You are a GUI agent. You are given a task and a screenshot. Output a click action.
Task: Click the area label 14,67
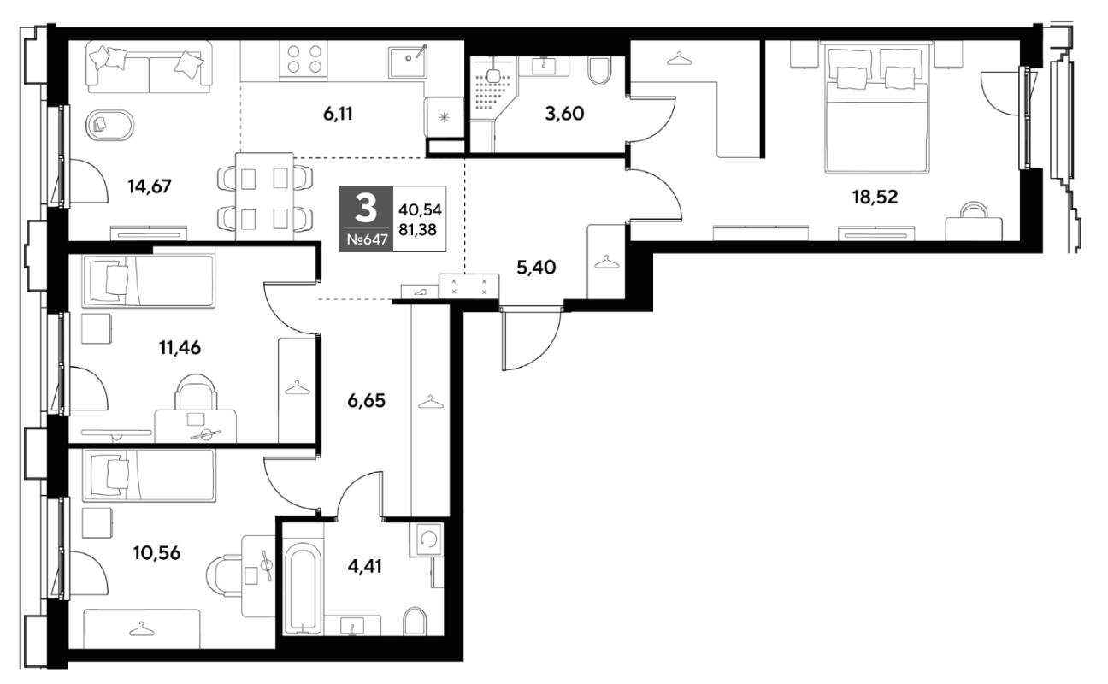pyautogui.click(x=150, y=186)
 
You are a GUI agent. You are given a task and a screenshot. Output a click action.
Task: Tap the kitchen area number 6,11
pyautogui.click(x=338, y=115)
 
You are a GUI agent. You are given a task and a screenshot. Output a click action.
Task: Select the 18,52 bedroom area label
pyautogui.click(x=875, y=198)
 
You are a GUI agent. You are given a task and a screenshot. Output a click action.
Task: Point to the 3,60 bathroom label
pyautogui.click(x=564, y=115)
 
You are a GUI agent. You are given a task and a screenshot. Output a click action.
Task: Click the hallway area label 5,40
pyautogui.click(x=536, y=268)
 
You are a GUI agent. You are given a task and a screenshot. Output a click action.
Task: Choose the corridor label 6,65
pyautogui.click(x=366, y=401)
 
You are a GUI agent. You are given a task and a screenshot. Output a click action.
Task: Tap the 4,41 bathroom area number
pyautogui.click(x=364, y=566)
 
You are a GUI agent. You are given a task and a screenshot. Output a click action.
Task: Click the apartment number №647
pyautogui.click(x=367, y=240)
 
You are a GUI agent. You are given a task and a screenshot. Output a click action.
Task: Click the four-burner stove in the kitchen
pyautogui.click(x=304, y=60)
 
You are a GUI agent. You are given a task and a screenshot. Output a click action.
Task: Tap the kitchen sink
pyautogui.click(x=408, y=62)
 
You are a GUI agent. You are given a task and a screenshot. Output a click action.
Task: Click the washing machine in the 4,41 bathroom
pyautogui.click(x=426, y=540)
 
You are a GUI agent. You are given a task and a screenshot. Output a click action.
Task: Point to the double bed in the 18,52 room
pyautogui.click(x=875, y=108)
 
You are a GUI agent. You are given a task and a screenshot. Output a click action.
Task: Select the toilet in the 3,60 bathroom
pyautogui.click(x=599, y=71)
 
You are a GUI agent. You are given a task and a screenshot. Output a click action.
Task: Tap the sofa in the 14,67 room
pyautogui.click(x=149, y=67)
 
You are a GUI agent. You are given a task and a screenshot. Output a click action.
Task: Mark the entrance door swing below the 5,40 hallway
pyautogui.click(x=531, y=339)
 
